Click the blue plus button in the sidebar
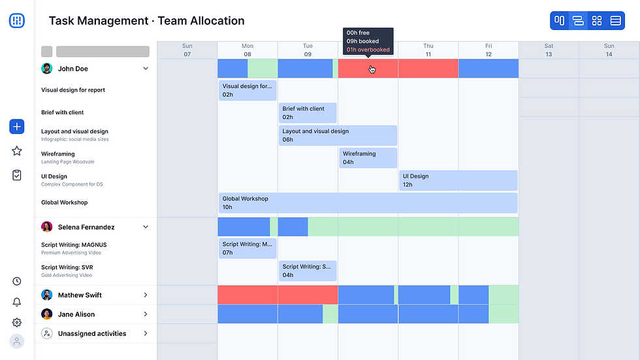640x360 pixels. (17, 127)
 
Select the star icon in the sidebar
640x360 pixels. (17, 151)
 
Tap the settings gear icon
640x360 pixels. (17, 322)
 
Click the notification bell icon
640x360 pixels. (17, 302)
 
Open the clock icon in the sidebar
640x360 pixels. (17, 282)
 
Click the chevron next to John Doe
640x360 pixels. (146, 69)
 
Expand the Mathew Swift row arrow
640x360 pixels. (146, 295)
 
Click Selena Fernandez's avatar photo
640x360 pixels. (47, 227)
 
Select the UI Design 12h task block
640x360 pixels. (458, 180)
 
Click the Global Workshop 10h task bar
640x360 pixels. (368, 203)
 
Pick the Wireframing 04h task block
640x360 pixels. (368, 158)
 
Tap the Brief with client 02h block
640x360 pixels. (308, 113)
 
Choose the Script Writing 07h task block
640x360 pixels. (248, 248)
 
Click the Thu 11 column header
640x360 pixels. (428, 50)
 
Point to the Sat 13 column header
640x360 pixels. (549, 50)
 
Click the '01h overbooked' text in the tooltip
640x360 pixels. (368, 50)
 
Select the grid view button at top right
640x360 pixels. (596, 21)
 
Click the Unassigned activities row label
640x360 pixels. (92, 334)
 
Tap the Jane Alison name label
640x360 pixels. (76, 314)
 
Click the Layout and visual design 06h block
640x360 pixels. (338, 135)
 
